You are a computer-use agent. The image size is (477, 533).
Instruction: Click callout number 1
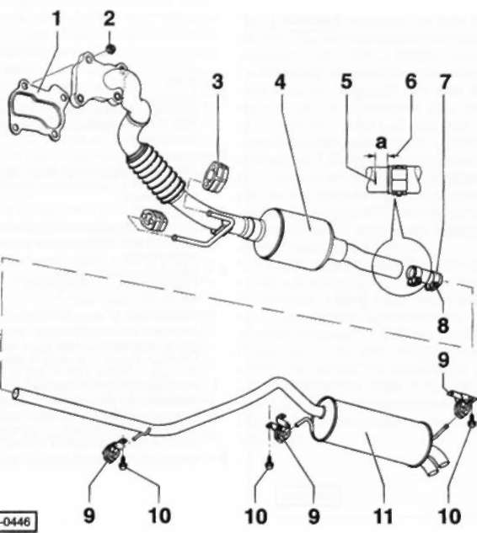point(56,19)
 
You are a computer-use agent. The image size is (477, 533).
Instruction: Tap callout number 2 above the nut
point(109,19)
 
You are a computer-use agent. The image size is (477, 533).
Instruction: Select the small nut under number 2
point(110,50)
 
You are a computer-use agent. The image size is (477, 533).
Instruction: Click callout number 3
point(217,82)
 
